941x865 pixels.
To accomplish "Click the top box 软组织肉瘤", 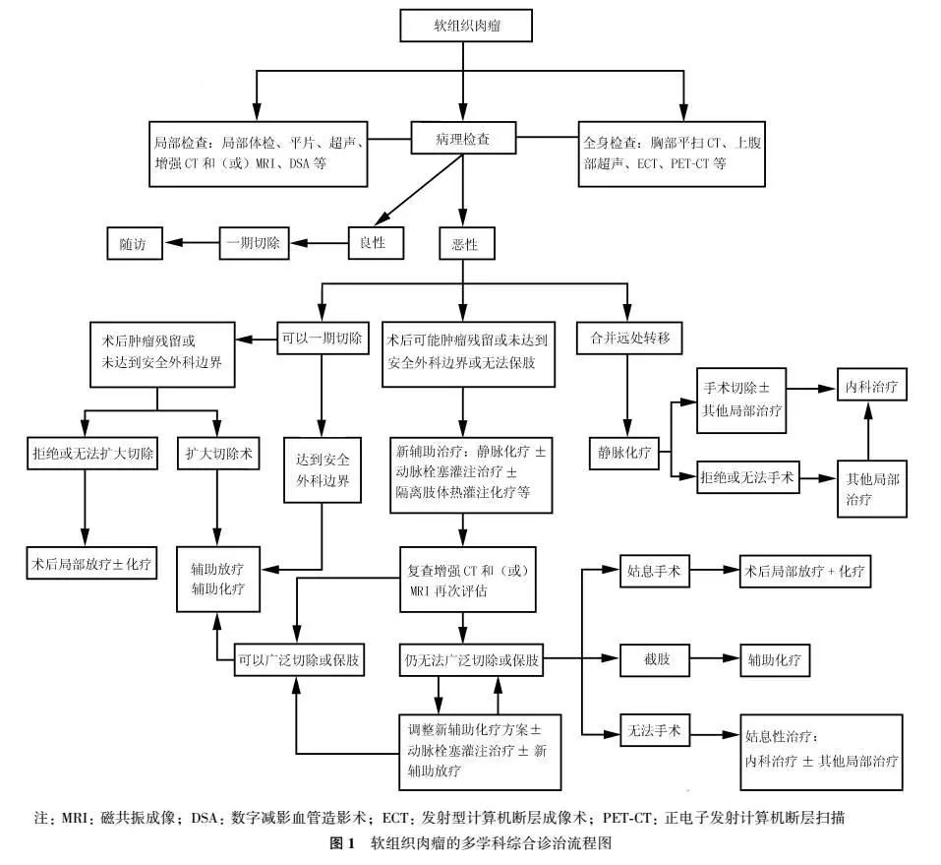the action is pos(466,26).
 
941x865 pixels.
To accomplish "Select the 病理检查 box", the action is pos(463,138).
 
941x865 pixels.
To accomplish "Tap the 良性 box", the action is pos(376,243).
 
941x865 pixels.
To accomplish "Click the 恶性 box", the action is pos(467,243).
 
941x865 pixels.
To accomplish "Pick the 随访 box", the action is pos(135,243).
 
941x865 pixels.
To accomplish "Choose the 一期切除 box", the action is pos(254,243).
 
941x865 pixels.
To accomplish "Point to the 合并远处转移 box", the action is pos(629,339).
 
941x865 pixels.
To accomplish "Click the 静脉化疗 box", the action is pos(624,453).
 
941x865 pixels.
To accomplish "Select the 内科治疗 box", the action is pos(872,385).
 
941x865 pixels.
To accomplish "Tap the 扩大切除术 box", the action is pos(218,453).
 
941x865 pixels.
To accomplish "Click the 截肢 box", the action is pos(655,659).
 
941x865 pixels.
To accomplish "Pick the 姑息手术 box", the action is pos(654,570).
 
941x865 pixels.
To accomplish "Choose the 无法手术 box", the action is pos(654,730).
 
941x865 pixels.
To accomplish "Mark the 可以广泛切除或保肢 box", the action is pos(299,659).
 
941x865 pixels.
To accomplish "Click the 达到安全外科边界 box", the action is pos(323,469).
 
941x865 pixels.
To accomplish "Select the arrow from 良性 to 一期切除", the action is pos(319,243).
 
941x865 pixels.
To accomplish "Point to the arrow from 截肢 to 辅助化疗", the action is pos(715,658).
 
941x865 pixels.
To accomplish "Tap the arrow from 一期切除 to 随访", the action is pos(192,243).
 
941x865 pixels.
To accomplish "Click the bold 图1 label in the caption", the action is pos(342,843).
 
